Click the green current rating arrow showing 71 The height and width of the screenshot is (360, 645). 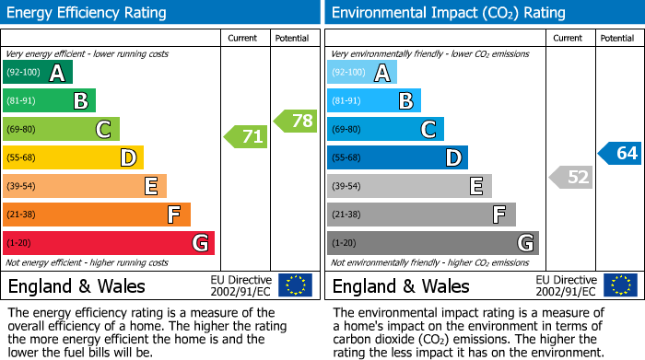(x=246, y=137)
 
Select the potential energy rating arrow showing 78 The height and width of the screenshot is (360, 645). (x=295, y=121)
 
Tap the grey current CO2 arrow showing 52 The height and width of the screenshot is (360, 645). (x=570, y=177)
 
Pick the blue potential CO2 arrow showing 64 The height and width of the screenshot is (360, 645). (x=620, y=153)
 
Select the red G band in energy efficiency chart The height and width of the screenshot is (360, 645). (x=109, y=243)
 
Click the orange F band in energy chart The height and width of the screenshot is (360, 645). (x=97, y=215)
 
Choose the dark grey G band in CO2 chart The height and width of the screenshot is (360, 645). (x=432, y=243)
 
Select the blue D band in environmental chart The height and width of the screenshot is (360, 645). (x=397, y=158)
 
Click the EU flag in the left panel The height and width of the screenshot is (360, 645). (x=295, y=285)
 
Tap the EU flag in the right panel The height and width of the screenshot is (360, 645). (x=620, y=285)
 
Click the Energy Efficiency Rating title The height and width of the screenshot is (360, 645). (x=88, y=13)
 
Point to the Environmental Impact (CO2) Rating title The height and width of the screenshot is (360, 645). (x=448, y=13)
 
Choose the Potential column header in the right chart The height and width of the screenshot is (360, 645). (x=617, y=38)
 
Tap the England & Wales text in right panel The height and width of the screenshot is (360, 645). (x=401, y=285)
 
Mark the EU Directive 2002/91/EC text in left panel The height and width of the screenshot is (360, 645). (x=241, y=285)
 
